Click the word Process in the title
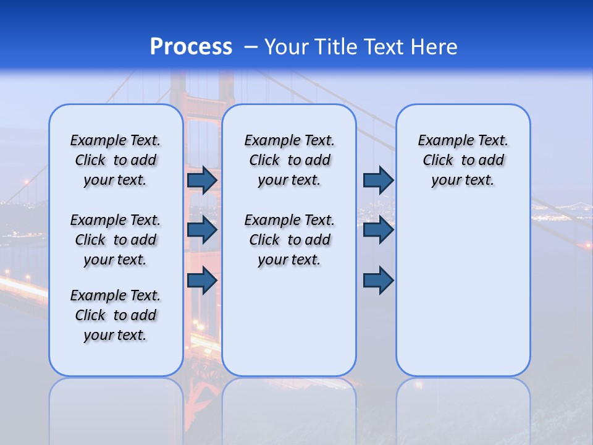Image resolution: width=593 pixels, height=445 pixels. tap(191, 46)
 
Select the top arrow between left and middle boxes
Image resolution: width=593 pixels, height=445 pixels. tap(202, 180)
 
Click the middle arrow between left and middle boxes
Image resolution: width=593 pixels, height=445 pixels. tap(202, 230)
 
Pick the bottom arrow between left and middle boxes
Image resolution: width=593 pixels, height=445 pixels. tap(202, 280)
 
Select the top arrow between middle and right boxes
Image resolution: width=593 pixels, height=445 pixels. tap(378, 180)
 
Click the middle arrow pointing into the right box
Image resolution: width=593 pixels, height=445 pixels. tap(378, 230)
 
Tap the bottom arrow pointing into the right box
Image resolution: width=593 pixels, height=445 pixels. tap(378, 280)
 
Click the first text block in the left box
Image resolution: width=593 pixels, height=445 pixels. tap(116, 160)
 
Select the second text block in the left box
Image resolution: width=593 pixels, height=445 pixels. tap(116, 240)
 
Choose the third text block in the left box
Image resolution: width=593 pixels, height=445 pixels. tap(116, 315)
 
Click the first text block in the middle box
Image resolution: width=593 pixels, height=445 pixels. tap(289, 160)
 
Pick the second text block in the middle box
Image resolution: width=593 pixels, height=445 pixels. tap(289, 240)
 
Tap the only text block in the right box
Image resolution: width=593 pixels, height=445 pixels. tap(463, 160)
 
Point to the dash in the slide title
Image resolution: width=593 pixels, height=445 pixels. tap(251, 47)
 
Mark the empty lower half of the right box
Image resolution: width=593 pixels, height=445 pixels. tap(463, 297)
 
